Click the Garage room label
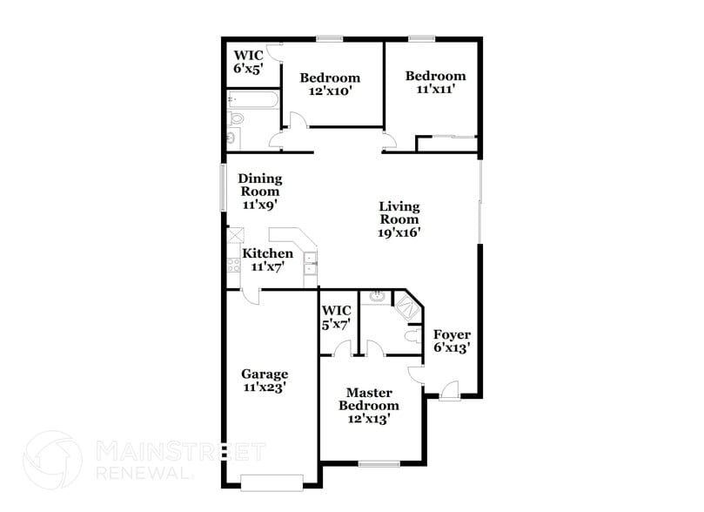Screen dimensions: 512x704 [x=265, y=374]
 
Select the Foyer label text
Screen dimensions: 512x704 [x=452, y=334]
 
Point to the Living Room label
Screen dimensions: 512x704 [x=399, y=213]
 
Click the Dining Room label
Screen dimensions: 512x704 [x=260, y=185]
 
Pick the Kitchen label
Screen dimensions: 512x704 [x=267, y=253]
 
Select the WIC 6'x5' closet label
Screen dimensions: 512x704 [x=247, y=61]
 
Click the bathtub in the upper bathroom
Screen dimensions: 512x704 [x=253, y=100]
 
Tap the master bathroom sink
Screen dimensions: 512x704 [x=378, y=297]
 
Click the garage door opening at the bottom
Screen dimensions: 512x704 [x=272, y=482]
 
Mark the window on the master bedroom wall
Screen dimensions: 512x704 [x=379, y=463]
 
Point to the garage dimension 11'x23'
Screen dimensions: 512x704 [x=265, y=387]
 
